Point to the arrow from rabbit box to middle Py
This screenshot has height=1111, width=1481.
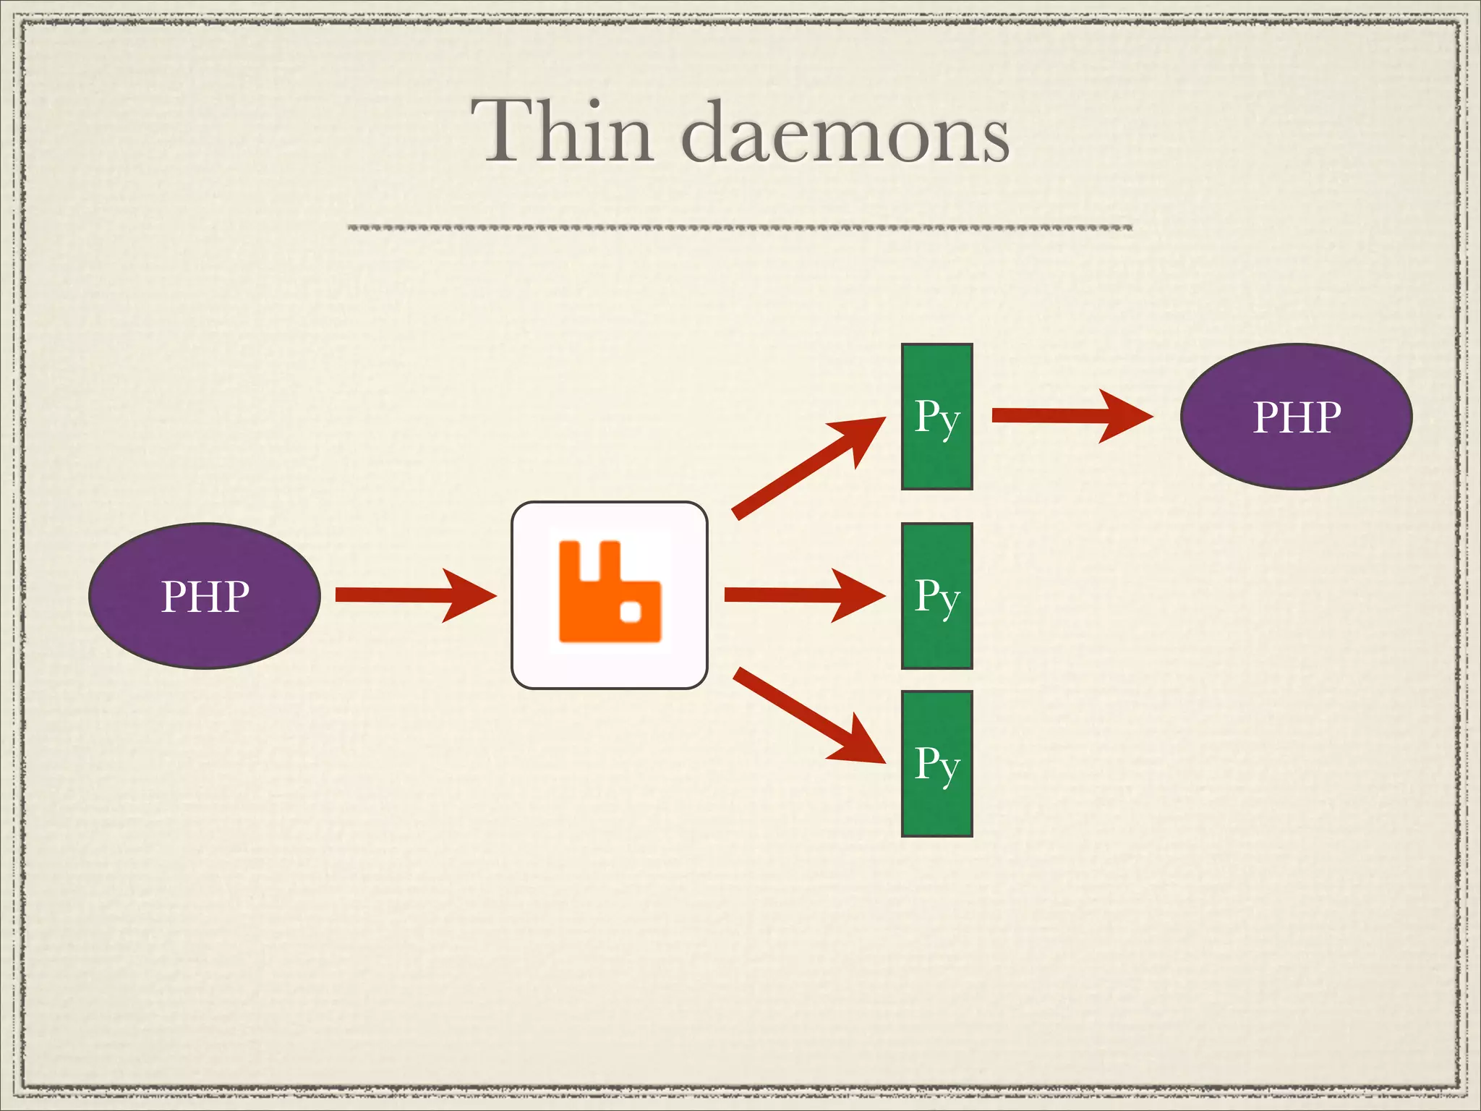[x=803, y=595]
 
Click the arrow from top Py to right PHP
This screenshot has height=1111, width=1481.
[x=1070, y=415]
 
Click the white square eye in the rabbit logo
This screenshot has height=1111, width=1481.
[x=631, y=613]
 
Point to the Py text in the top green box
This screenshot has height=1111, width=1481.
[x=936, y=417]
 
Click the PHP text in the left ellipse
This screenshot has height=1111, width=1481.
[x=205, y=597]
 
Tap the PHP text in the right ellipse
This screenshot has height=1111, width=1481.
[x=1296, y=417]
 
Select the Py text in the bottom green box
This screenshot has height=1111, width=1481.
[x=936, y=764]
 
